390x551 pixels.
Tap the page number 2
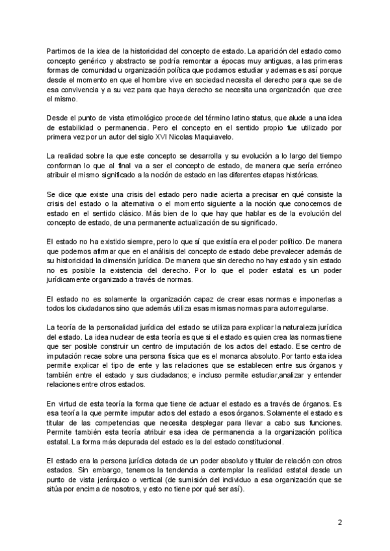pyautogui.click(x=340, y=522)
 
